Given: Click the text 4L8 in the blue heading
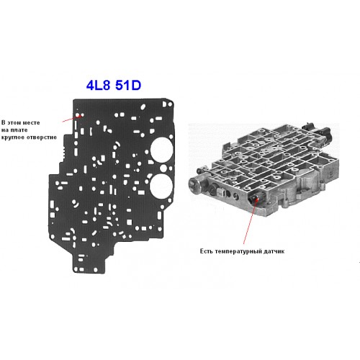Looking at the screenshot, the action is pos(98,85).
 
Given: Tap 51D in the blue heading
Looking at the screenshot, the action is pos(128,85).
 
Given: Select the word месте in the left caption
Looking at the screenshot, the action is pos(30,122).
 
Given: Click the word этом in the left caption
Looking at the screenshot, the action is pos(13,122).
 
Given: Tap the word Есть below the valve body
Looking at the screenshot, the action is pos(207,251).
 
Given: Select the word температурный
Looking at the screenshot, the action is pos(238,251).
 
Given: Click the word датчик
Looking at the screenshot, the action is pos(274,251).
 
